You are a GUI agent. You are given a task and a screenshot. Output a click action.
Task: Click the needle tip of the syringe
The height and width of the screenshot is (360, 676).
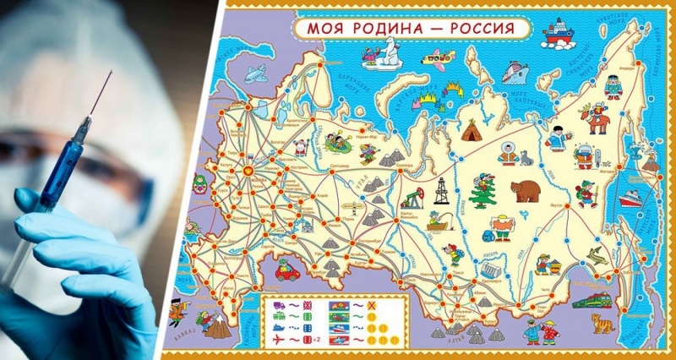111,74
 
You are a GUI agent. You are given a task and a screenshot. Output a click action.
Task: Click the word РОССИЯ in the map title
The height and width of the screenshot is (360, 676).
479,27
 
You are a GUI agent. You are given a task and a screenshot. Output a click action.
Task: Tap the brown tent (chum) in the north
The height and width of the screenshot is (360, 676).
472,130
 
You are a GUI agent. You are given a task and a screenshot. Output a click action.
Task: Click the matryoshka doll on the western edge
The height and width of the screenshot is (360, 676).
199,183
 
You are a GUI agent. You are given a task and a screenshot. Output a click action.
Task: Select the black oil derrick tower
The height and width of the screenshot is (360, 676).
440,191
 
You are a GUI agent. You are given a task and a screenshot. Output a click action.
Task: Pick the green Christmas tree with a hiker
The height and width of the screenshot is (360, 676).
483,191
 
